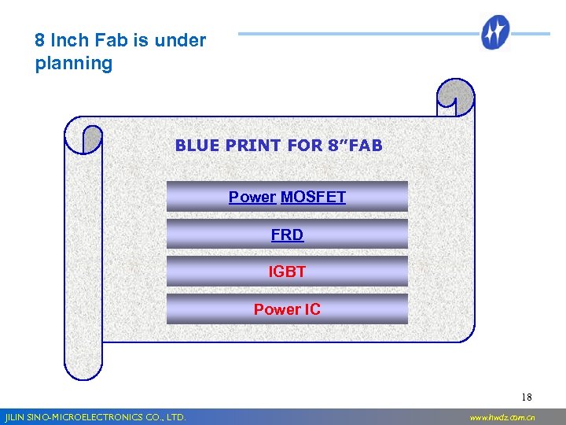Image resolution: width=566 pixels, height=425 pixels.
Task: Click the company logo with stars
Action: point(496,33)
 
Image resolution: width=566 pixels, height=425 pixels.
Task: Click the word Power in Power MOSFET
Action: point(252,198)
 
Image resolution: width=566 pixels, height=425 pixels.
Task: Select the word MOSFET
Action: point(313,198)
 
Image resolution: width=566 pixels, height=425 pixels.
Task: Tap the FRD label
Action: point(287,235)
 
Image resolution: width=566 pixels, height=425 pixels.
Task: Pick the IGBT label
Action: point(287,272)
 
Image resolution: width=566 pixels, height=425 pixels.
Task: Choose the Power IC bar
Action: point(287,309)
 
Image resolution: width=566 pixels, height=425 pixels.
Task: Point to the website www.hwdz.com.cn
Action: point(502,417)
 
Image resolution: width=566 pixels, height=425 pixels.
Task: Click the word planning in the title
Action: point(74,64)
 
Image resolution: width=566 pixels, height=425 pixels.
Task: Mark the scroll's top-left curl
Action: point(83,139)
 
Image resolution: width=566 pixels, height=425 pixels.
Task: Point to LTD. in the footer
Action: point(175,417)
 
